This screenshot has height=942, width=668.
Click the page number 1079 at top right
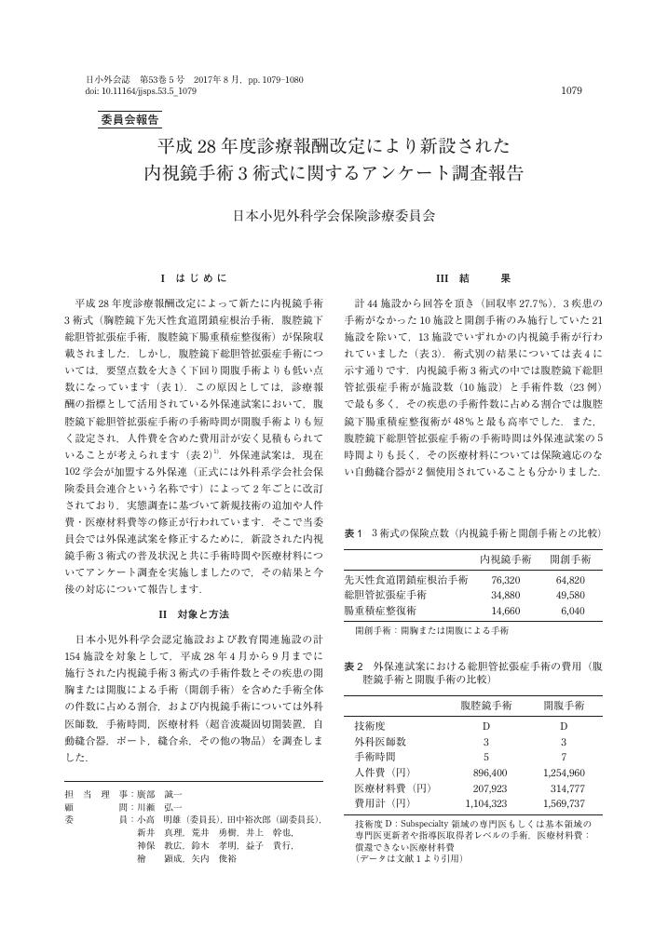point(571,91)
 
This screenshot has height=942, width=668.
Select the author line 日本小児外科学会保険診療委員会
point(334,214)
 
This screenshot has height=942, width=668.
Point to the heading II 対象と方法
point(195,614)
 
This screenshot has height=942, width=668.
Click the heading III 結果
point(472,277)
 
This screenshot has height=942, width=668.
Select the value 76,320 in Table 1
point(505,579)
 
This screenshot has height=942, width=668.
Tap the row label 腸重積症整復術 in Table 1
point(381,609)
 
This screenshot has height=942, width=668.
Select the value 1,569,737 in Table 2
point(563,802)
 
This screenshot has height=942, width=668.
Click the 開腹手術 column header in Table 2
point(564,706)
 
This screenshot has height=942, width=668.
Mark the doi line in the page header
point(141,91)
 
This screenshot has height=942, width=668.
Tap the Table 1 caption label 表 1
point(352,532)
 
